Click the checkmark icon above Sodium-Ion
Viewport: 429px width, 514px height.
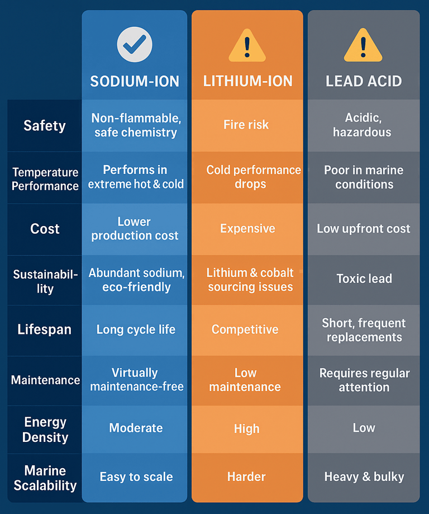[135, 44]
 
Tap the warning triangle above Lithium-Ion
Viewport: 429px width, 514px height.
[247, 45]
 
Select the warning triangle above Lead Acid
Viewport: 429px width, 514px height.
[363, 45]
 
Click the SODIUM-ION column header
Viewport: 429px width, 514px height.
[135, 81]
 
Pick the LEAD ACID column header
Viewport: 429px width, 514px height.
[364, 81]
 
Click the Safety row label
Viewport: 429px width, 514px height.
[45, 125]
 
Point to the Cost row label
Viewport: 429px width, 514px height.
[45, 229]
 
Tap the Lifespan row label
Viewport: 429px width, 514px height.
[45, 329]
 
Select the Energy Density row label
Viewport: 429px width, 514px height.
[45, 430]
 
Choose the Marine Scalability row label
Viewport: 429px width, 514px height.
[45, 478]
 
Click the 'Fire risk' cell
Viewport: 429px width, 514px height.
[246, 125]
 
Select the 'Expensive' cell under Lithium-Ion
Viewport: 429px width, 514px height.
[247, 229]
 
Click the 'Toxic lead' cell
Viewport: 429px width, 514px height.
[364, 279]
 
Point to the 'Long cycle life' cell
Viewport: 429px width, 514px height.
[136, 329]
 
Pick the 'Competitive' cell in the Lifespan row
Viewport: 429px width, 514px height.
[245, 329]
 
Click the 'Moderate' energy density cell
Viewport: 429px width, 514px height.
[136, 428]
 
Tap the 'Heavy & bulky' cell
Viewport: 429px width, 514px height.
[364, 477]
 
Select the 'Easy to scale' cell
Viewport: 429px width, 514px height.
[136, 477]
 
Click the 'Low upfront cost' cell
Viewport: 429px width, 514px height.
[364, 229]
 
